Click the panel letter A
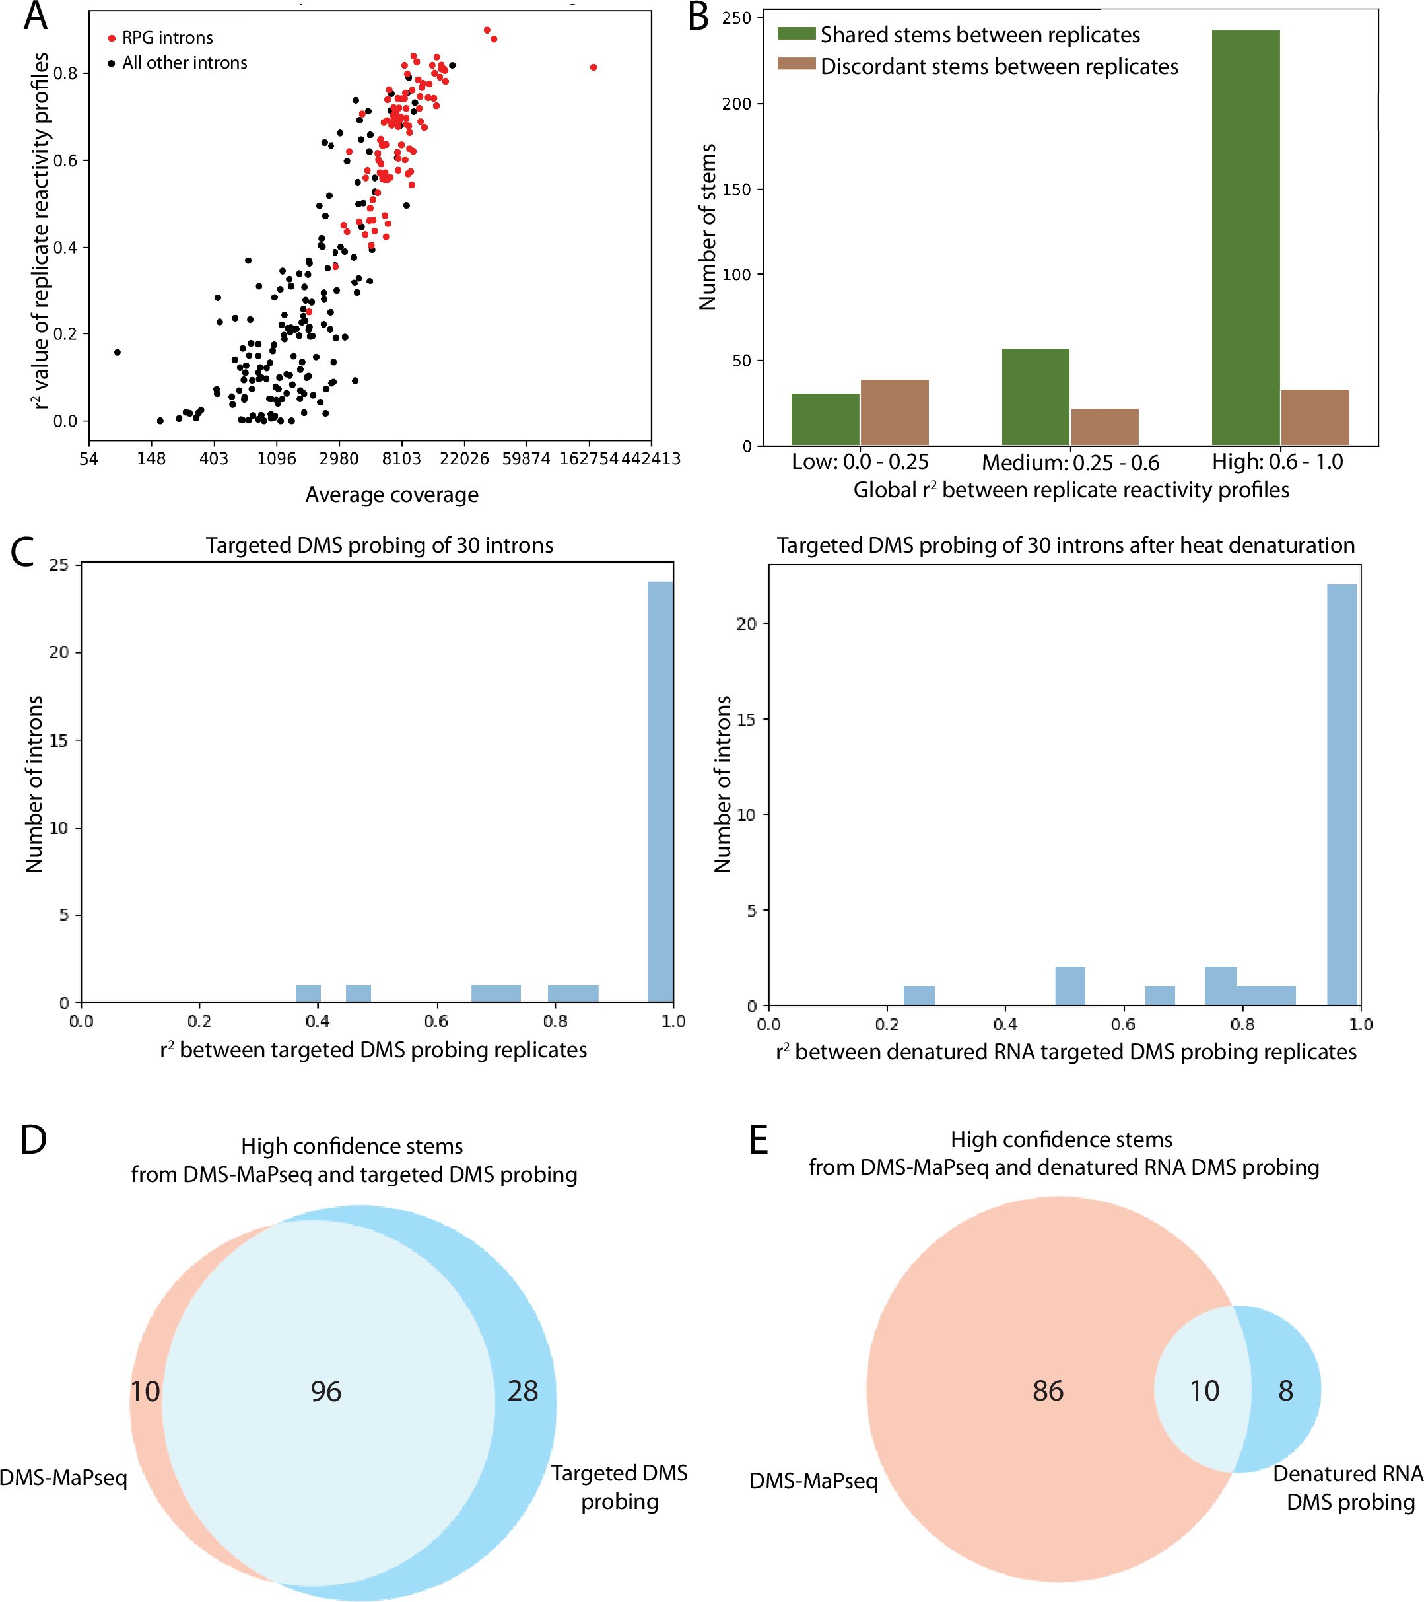[35, 17]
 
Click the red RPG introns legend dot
[112, 38]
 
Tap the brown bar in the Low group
[895, 412]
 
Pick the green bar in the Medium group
[1034, 397]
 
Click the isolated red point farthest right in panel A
[593, 67]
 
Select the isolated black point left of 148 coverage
[117, 352]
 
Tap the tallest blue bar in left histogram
[661, 792]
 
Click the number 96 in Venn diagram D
[325, 1391]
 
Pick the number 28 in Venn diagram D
[523, 1391]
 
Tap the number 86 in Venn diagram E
[1048, 1391]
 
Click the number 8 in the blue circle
[1285, 1391]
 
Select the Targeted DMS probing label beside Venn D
[619, 1487]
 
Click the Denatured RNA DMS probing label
[1348, 1488]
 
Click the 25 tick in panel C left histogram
[59, 565]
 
